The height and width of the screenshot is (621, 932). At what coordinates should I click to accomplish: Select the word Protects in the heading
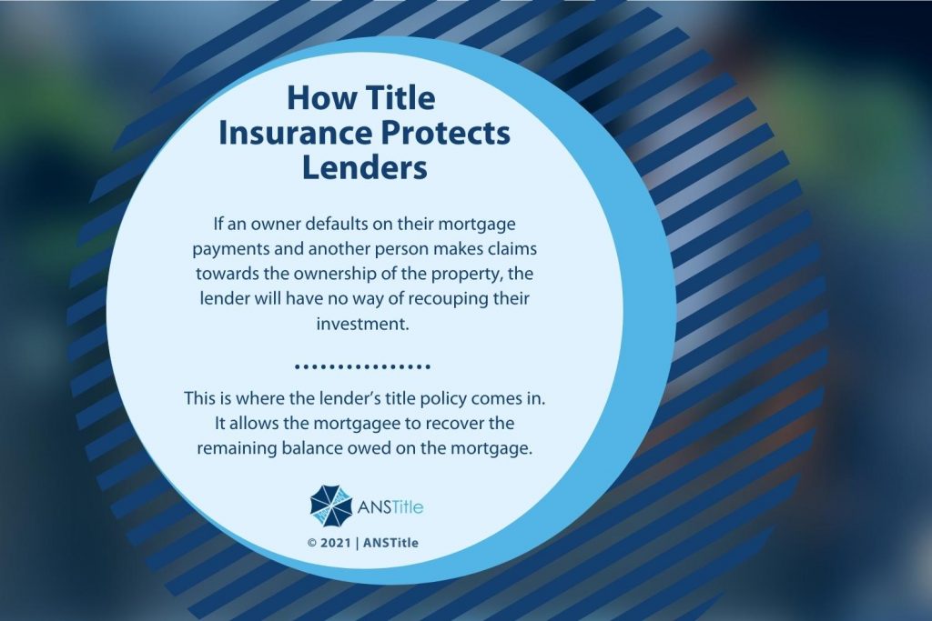point(445,134)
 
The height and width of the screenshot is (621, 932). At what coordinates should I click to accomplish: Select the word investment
point(363,324)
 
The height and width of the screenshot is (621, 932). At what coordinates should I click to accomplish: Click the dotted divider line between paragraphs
point(363,368)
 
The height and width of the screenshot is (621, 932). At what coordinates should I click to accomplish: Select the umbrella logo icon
point(329,506)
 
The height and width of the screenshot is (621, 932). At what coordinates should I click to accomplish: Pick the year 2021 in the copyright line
point(337,544)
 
